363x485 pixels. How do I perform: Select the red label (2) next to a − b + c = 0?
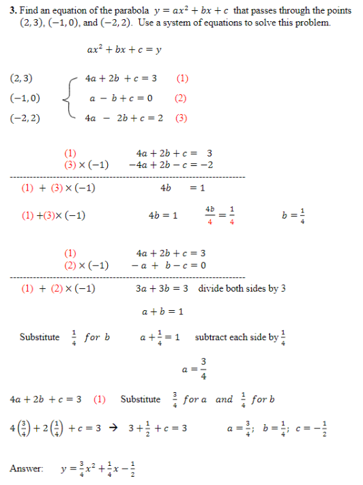pyautogui.click(x=181, y=98)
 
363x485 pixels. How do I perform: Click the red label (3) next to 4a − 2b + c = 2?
pyautogui.click(x=181, y=117)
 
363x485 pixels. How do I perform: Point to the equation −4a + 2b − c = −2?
pyautogui.click(x=171, y=165)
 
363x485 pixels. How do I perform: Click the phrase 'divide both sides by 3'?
pyautogui.click(x=242, y=288)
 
